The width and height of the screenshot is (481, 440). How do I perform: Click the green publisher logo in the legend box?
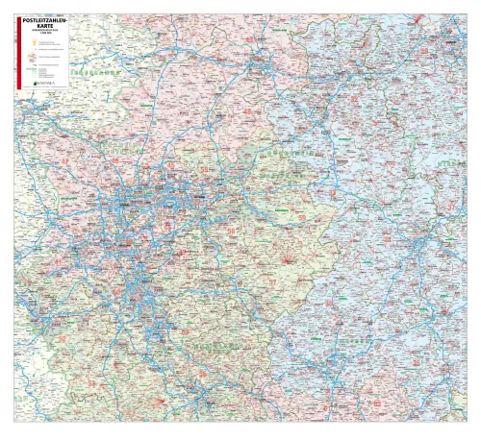point(42,84)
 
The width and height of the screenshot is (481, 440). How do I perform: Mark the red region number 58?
point(231,231)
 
